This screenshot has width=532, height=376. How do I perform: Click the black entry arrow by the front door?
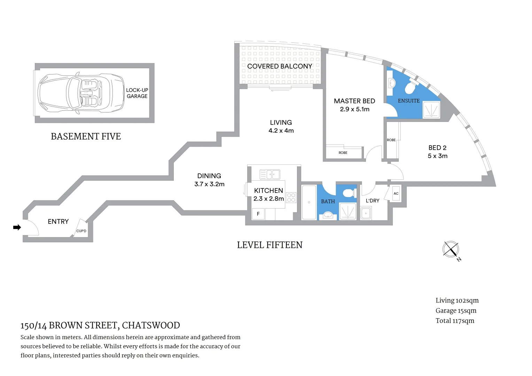[17, 227]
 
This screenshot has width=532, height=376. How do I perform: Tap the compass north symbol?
[451, 250]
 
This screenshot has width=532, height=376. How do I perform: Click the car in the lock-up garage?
[81, 93]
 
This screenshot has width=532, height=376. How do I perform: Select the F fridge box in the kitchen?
[258, 214]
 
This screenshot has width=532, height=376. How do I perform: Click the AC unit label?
[396, 194]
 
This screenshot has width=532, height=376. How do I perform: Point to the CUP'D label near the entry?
[81, 231]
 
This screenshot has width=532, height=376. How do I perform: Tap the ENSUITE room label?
[409, 101]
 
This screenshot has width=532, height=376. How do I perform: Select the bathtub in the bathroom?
[309, 202]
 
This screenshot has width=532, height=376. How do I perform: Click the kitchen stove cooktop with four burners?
[291, 198]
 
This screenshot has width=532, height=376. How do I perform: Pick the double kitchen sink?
[270, 174]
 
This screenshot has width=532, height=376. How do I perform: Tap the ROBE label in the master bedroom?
[343, 152]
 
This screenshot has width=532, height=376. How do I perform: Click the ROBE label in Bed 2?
[391, 140]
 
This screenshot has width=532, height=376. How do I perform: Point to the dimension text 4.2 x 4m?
[281, 131]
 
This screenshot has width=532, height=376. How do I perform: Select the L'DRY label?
[372, 201]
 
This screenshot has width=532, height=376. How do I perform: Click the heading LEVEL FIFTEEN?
[269, 245]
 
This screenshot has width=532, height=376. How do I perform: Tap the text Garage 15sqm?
[456, 311]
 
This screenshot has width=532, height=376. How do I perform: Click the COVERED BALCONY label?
[280, 66]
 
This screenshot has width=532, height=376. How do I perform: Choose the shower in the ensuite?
[431, 110]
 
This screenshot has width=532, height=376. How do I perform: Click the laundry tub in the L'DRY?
[366, 213]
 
